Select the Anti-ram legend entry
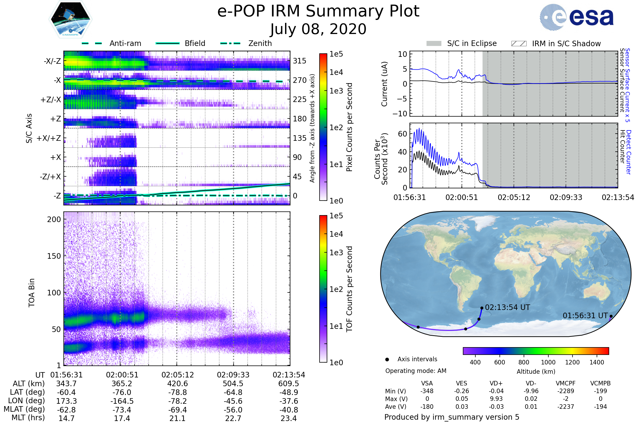pos(125,43)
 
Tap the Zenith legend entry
pos(260,43)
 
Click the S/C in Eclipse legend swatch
pos(434,43)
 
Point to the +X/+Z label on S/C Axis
pos(49,138)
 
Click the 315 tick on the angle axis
pos(299,61)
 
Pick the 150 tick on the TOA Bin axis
pos(54,256)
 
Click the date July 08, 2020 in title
pos(318,29)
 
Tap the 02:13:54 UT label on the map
pos(507,307)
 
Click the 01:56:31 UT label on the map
pos(585,316)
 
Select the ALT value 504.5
pos(233,384)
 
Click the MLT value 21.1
pos(177,418)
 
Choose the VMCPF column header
pos(566,383)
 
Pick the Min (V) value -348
pos(427,391)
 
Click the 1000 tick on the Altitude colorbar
pos(548,362)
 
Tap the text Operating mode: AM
pos(416,371)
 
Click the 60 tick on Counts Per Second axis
pos(402,134)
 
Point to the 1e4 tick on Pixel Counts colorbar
pos(336,72)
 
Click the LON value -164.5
pos(122,401)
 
